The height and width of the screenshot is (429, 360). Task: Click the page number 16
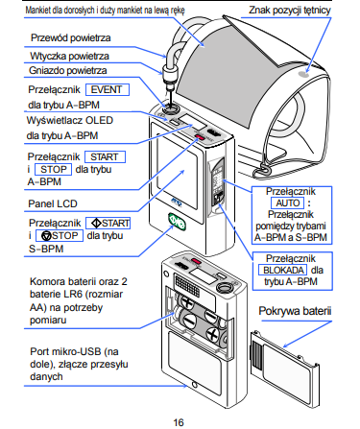click(x=179, y=420)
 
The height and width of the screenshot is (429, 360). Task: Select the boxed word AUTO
click(x=284, y=204)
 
